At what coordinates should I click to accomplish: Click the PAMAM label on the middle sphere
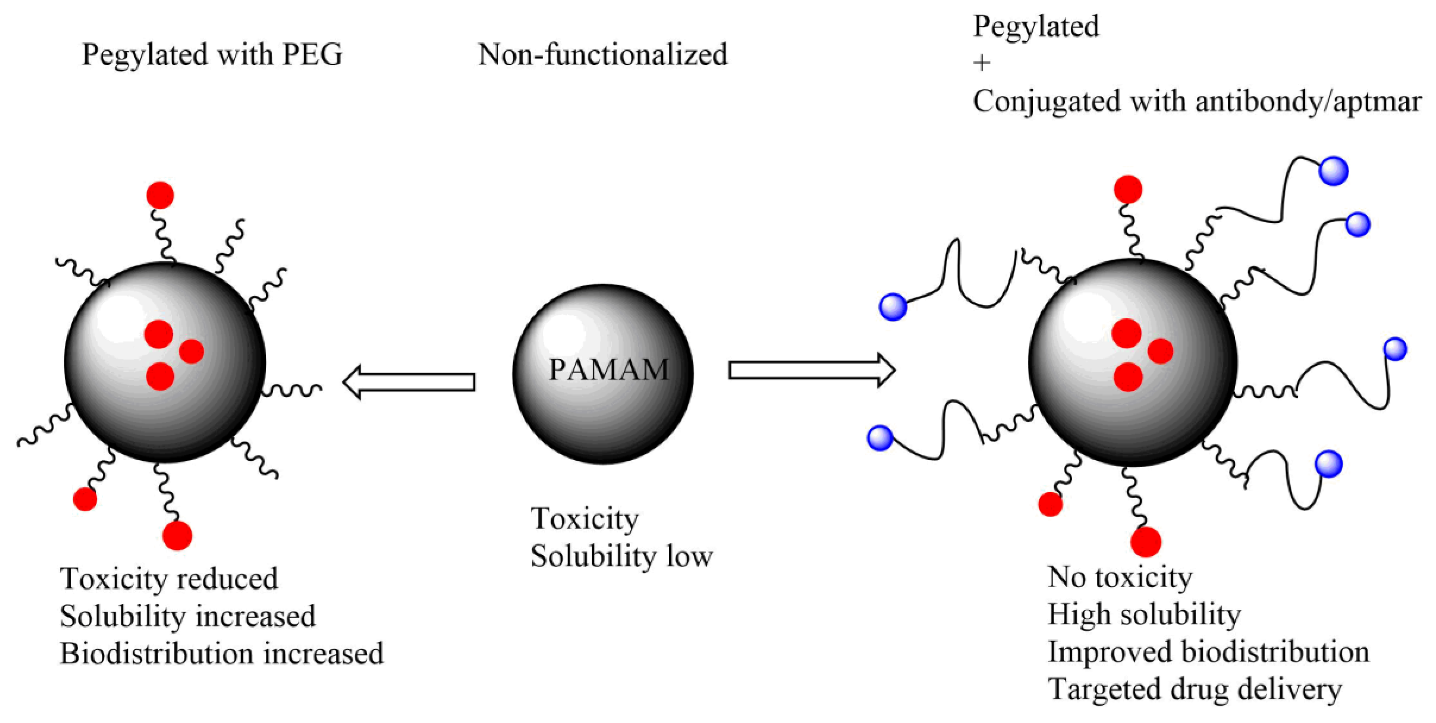pos(608,369)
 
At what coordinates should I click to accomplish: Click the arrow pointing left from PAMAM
pos(409,382)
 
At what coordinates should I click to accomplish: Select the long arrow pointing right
pos(811,370)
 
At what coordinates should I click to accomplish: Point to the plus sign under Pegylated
pos(982,63)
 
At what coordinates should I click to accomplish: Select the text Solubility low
pos(621,556)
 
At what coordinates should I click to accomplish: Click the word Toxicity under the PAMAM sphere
pos(584,519)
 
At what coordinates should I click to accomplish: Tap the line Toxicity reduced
pos(169,578)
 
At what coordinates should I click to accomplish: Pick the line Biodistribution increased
pos(221,654)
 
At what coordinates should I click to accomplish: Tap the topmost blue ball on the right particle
pos(1333,171)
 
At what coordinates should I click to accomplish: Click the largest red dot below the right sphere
pos(1146,541)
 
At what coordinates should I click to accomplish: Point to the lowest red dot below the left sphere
pos(177,536)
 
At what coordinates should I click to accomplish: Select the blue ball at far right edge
pos(1395,349)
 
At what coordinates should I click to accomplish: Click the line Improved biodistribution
pos(1208,652)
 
